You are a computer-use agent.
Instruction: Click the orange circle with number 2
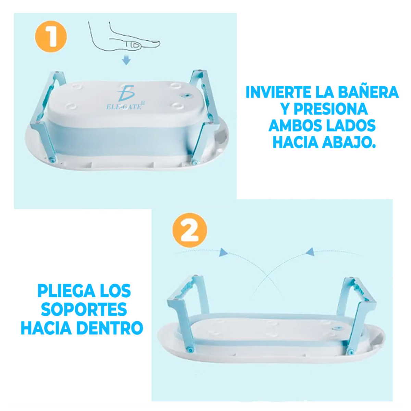(x=189, y=230)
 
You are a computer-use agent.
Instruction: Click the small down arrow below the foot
(x=127, y=61)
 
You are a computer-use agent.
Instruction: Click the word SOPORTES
(x=84, y=310)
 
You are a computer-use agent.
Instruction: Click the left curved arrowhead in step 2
(x=223, y=253)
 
